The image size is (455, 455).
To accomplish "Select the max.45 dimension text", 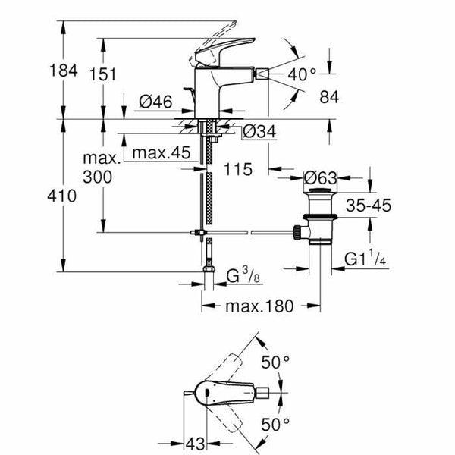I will [159, 153].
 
